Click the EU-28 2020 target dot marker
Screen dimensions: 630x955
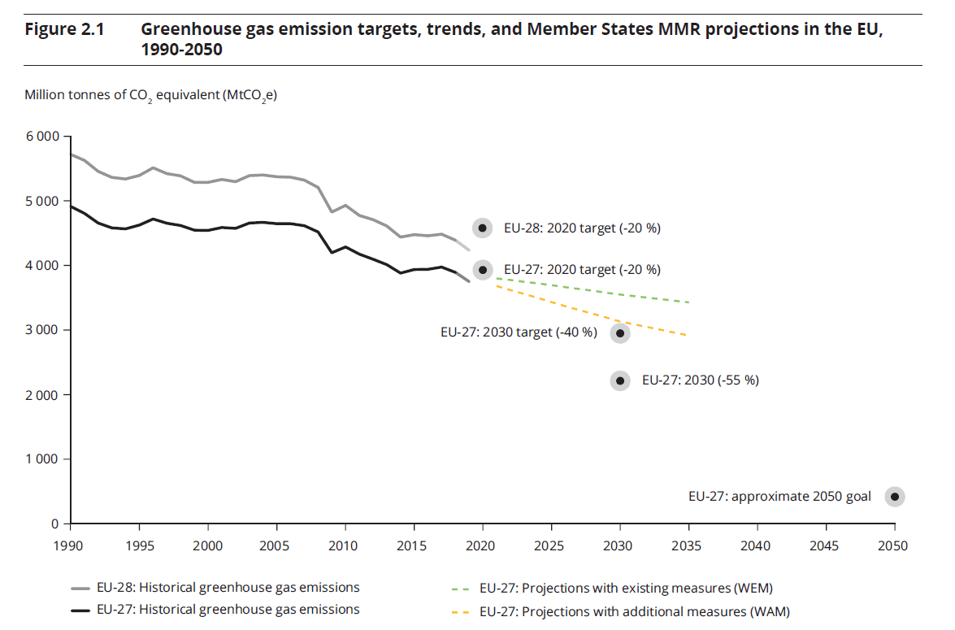[483, 228]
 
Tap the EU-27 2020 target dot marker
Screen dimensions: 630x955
[483, 270]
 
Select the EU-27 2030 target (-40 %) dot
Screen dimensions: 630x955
[620, 332]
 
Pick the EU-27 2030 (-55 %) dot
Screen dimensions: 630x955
[620, 380]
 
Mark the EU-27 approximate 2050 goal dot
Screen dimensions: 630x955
[894, 497]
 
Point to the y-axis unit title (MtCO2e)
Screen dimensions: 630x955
[151, 96]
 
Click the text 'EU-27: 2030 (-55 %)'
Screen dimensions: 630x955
[700, 380]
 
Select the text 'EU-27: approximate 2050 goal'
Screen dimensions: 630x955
[779, 497]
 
